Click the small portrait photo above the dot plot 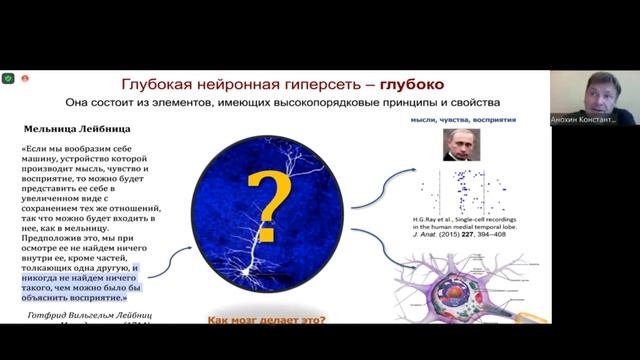pyautogui.click(x=461, y=145)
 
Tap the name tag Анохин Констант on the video pyautogui.click(x=592, y=119)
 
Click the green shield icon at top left pyautogui.click(x=8, y=78)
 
